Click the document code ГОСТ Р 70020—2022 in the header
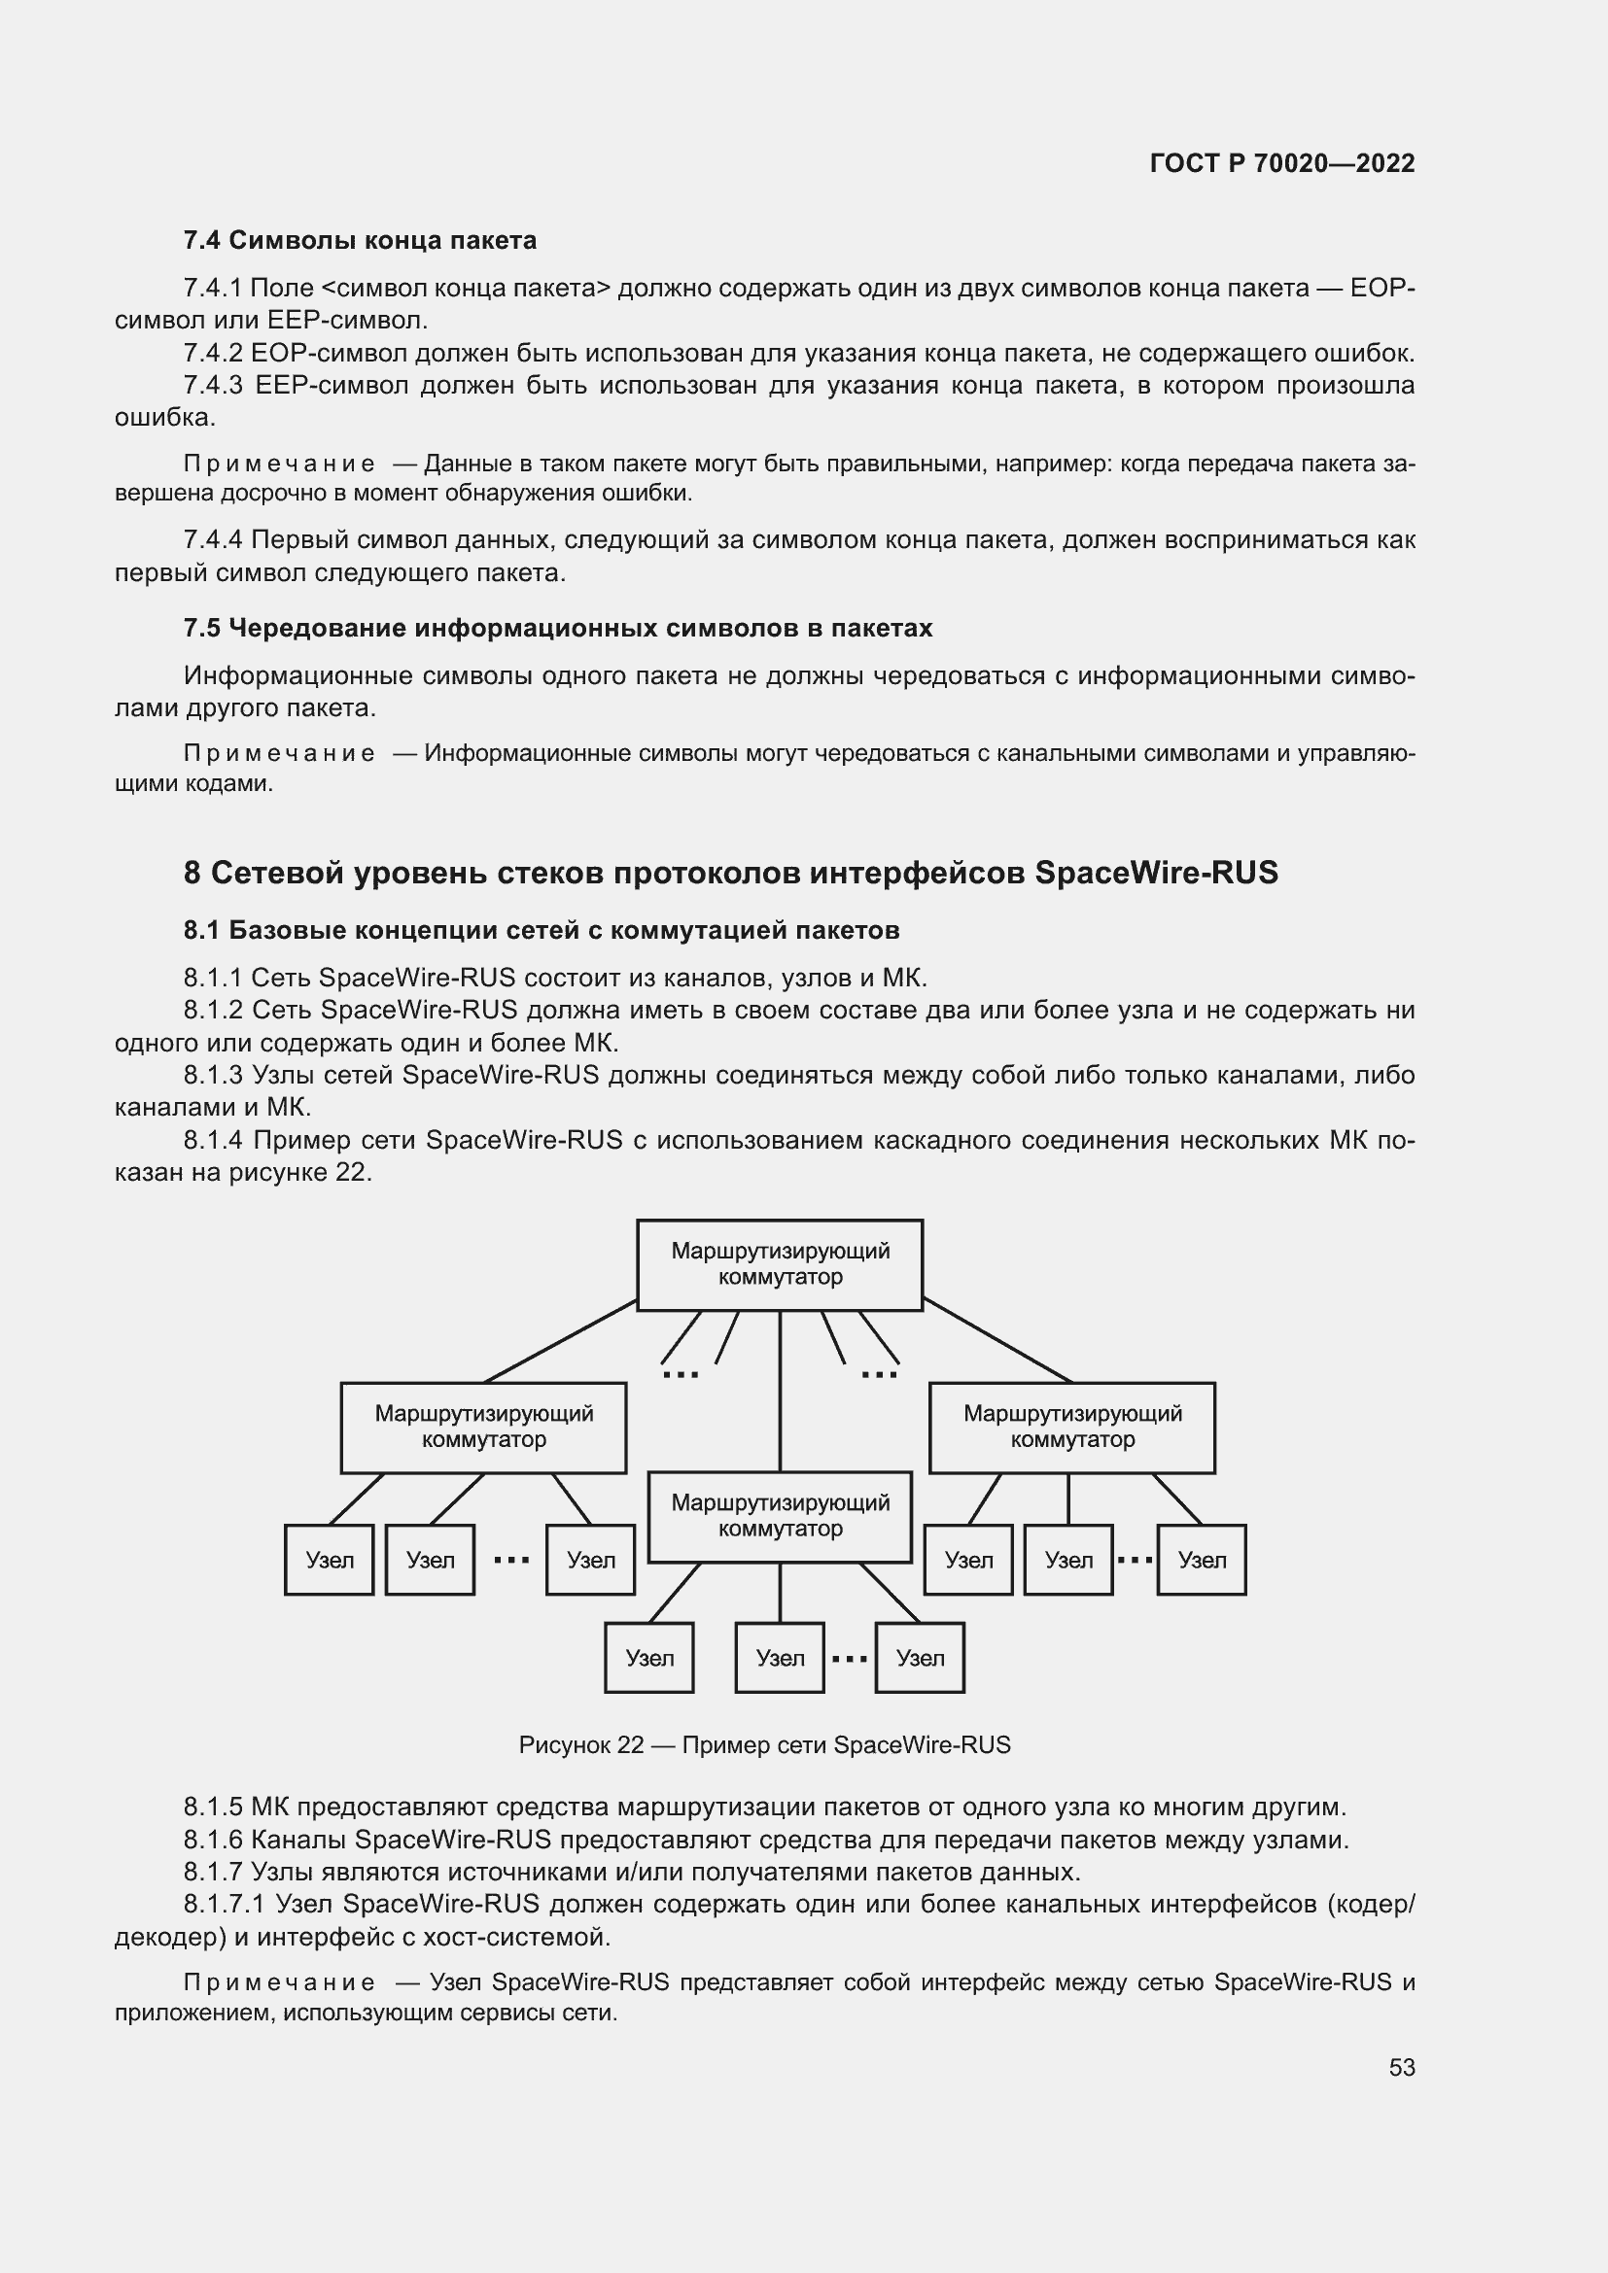(1281, 163)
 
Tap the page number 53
(1401, 2067)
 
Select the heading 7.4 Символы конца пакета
(360, 241)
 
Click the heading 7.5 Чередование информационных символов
(557, 629)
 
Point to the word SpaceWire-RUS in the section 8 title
(1156, 874)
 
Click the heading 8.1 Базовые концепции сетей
(541, 931)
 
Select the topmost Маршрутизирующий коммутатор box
(780, 1265)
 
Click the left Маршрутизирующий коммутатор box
(483, 1428)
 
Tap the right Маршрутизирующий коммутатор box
(1071, 1428)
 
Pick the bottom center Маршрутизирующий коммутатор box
(780, 1517)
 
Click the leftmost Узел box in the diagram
(329, 1561)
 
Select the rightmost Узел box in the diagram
(1201, 1561)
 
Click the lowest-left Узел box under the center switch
(648, 1658)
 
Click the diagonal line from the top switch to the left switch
(559, 1341)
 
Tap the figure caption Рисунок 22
(764, 1745)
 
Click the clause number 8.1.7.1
(223, 1904)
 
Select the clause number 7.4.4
(213, 540)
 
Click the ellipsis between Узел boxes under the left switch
(511, 1561)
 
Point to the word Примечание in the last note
(279, 1983)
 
